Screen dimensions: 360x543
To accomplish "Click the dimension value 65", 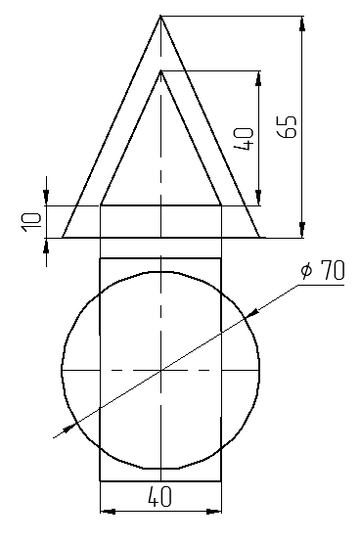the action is click(x=288, y=126).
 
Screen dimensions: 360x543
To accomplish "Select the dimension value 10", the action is click(x=32, y=222).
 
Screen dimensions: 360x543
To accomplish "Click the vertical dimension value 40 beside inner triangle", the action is click(x=244, y=139).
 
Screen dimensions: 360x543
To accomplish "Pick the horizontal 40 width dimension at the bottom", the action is click(x=159, y=497).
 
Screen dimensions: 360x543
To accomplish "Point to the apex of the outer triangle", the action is click(x=160, y=16).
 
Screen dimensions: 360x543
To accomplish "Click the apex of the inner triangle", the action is click(x=160, y=71).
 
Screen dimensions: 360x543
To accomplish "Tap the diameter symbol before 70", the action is click(x=306, y=270).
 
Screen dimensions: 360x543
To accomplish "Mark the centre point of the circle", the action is click(x=161, y=370).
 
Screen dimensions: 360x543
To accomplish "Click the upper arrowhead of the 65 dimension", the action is click(x=302, y=23).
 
